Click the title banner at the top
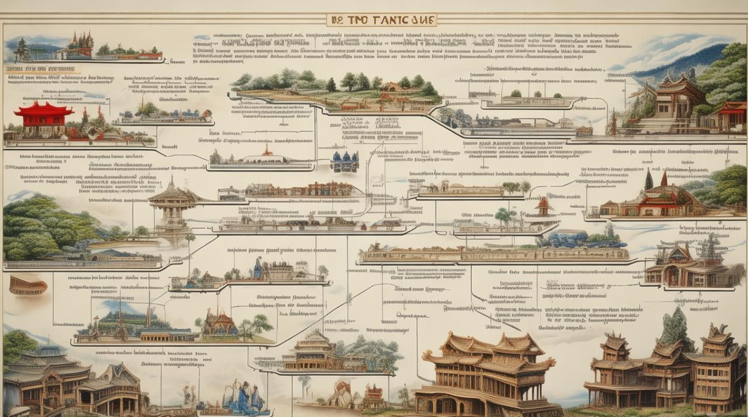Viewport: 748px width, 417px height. pyautogui.click(x=381, y=20)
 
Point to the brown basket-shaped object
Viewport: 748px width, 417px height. pyautogui.click(x=28, y=286)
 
